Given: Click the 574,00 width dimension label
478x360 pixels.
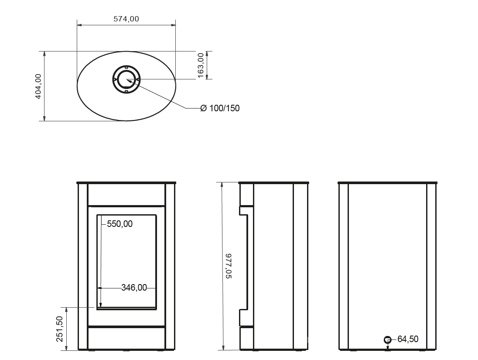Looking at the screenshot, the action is click(126, 19).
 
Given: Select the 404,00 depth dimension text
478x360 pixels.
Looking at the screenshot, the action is click(38, 86).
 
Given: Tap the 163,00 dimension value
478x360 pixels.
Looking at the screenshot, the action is click(201, 65).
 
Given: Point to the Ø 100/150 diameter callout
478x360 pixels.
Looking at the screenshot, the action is click(220, 108).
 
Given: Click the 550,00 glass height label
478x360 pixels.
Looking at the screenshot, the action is click(120, 224).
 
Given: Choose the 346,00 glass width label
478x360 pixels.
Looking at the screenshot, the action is click(134, 288).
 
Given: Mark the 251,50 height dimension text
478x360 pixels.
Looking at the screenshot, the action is click(60, 329).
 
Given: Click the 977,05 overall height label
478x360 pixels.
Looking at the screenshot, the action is click(229, 266).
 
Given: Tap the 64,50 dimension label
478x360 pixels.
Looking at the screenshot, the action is click(408, 339).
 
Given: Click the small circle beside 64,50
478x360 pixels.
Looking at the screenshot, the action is click(387, 339).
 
